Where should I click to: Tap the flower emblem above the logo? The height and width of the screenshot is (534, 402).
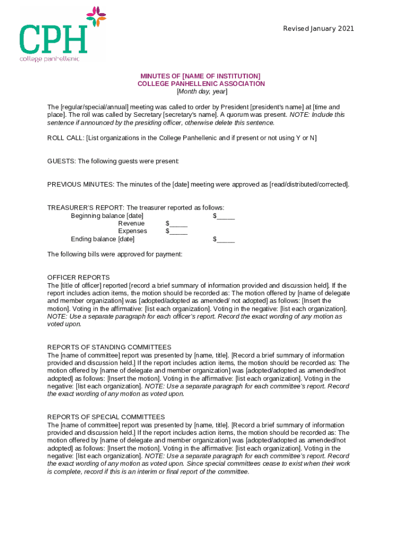(96, 16)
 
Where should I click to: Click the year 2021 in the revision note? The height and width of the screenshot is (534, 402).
(346, 29)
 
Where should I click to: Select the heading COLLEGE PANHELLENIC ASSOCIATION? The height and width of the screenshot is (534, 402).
(201, 84)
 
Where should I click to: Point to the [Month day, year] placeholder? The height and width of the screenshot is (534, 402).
(201, 92)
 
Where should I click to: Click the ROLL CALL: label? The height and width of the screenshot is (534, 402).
(65, 138)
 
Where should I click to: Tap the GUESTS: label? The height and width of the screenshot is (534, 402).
(61, 162)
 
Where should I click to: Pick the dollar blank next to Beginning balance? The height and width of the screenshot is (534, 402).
(223, 216)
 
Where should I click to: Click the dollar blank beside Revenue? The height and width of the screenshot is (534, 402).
(176, 224)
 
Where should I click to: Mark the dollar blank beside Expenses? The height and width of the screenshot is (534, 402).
(176, 232)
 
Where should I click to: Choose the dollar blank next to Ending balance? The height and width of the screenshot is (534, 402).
(223, 239)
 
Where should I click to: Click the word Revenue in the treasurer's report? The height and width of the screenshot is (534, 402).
(131, 224)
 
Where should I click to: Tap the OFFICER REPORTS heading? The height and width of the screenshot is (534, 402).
(78, 277)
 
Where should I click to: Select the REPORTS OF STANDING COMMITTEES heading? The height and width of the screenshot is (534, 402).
(109, 347)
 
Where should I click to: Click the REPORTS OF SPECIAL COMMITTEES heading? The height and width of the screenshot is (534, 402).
(106, 417)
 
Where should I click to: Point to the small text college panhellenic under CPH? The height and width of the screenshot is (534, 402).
(50, 58)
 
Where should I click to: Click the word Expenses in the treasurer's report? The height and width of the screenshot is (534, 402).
(132, 232)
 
